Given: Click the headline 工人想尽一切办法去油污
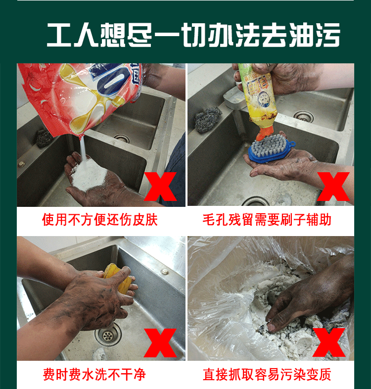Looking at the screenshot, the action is [193, 35].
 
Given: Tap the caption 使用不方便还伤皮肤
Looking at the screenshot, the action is [100, 220].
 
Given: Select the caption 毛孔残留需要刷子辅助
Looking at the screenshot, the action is [267, 220].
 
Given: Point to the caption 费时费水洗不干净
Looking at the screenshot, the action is [94, 374].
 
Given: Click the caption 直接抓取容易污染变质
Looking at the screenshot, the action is [267, 374].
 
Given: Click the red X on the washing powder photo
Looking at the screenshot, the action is [160, 187].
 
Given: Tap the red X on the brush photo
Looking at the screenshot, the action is [333, 187].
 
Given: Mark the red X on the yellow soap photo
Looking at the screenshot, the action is [160, 343].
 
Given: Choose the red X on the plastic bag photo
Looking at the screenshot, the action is [329, 342].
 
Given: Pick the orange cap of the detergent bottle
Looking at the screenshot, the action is [265, 133].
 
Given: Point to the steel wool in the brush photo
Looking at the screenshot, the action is [208, 120].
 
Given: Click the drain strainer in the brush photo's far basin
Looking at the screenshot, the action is [304, 116].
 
